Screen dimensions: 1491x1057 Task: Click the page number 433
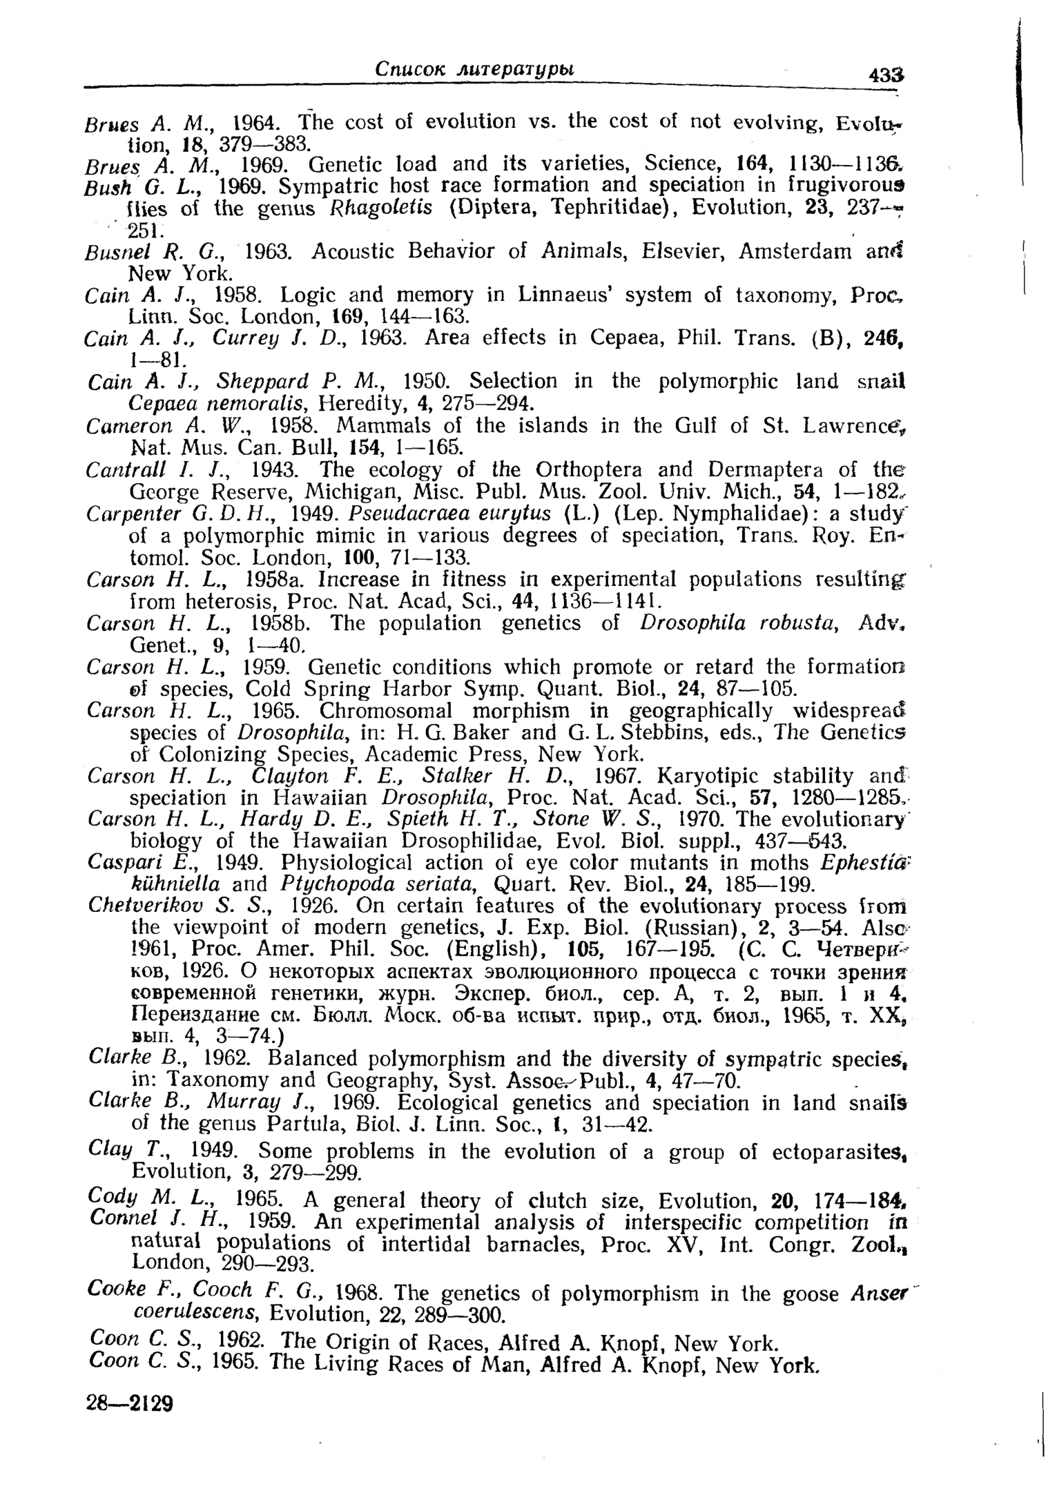coord(886,75)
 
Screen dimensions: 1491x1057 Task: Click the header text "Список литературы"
coord(476,68)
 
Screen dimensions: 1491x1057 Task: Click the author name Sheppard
coord(261,381)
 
